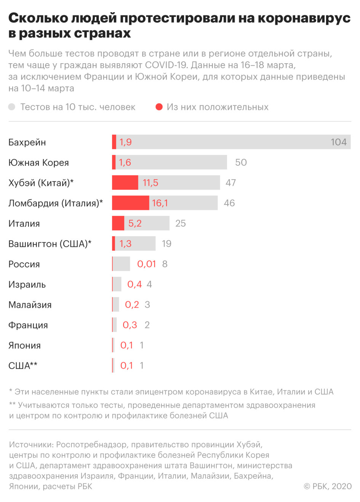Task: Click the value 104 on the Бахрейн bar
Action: point(338,142)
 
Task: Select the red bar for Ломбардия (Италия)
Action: point(130,203)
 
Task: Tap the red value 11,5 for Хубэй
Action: point(150,183)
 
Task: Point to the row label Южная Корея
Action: point(38,163)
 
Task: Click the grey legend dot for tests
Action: point(12,107)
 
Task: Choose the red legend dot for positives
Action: point(159,107)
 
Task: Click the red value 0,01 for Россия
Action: point(146,264)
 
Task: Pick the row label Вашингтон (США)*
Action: point(50,244)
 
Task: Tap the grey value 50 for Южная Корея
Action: point(241,162)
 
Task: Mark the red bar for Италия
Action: point(118,223)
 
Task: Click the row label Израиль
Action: point(27,285)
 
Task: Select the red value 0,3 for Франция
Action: point(130,325)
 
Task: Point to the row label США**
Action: point(23,366)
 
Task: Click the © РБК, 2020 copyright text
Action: point(327,486)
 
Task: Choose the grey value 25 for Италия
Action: point(181,223)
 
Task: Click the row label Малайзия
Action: point(30,305)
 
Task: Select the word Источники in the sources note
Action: point(31,444)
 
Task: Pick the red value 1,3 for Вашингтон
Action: point(125,244)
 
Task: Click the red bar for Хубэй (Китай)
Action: point(125,183)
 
